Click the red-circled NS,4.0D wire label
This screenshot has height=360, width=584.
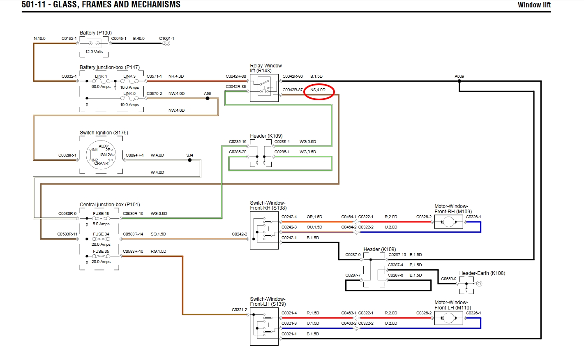tap(318, 90)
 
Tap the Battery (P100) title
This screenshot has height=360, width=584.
tap(96, 33)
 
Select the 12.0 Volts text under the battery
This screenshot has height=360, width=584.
tap(94, 52)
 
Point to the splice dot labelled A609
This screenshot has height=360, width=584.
tap(459, 81)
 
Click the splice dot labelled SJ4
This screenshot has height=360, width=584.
tap(189, 160)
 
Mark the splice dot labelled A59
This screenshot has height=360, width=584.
tap(208, 98)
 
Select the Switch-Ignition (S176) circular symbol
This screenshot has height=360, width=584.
tap(101, 155)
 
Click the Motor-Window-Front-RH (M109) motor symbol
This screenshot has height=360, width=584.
tap(449, 222)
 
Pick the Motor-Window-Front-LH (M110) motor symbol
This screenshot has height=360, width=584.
tap(449, 318)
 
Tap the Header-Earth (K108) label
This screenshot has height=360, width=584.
tap(482, 273)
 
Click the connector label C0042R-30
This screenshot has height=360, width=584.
tap(236, 76)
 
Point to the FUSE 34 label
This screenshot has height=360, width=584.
tap(101, 234)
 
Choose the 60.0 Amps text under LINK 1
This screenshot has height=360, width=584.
tap(101, 87)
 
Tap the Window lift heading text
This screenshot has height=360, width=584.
tap(534, 5)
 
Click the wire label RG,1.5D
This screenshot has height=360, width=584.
tap(158, 252)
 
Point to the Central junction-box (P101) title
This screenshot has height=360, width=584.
tap(110, 205)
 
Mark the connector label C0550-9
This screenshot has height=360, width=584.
tap(448, 279)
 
